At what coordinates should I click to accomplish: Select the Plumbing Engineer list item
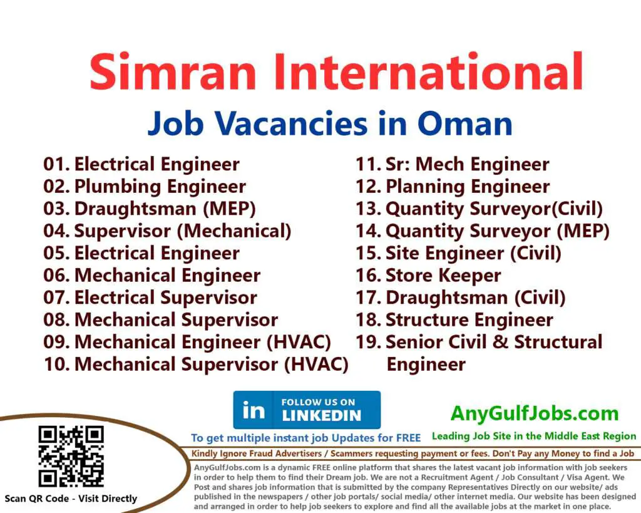160,187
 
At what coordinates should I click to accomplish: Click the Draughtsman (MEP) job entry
165,209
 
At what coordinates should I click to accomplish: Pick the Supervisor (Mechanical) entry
182,231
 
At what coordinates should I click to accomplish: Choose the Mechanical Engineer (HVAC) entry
202,342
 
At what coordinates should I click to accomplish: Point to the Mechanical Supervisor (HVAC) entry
211,364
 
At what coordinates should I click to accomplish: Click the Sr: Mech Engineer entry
467,165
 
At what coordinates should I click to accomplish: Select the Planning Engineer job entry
468,187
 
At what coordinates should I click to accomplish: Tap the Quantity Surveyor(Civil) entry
494,209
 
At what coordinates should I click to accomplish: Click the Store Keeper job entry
443,276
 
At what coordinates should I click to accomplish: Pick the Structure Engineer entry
469,320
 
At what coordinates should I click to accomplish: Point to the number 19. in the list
368,343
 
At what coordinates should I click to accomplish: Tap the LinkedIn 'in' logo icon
253,410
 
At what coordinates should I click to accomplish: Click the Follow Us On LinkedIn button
307,410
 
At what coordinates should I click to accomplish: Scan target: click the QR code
71,456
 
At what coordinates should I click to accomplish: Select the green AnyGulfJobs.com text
535,413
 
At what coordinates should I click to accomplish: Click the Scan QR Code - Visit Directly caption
71,499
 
